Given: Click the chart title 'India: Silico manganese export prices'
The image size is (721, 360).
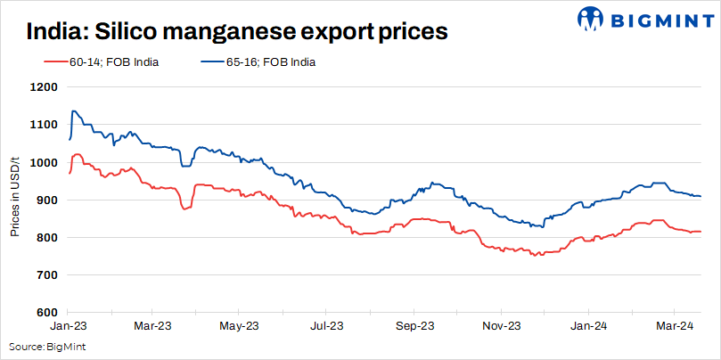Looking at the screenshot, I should (236, 31).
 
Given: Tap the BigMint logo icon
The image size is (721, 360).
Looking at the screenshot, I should (592, 18).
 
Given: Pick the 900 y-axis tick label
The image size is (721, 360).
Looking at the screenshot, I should (45, 200).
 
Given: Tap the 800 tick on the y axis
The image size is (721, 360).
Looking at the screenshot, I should (45, 238).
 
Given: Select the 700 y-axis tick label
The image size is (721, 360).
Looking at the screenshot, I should (45, 275).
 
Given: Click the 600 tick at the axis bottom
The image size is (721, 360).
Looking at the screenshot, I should (45, 313).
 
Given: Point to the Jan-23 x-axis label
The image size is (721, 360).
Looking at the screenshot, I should (68, 326).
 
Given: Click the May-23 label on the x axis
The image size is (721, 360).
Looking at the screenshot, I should (241, 326).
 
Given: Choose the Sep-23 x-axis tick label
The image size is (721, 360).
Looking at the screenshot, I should (414, 326).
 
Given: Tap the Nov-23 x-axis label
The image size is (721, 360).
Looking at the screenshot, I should (501, 326).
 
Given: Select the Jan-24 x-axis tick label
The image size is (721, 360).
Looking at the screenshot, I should (588, 326).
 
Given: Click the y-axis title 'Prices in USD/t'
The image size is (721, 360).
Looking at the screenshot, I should (15, 200).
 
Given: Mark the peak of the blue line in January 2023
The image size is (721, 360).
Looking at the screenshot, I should (73, 111).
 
